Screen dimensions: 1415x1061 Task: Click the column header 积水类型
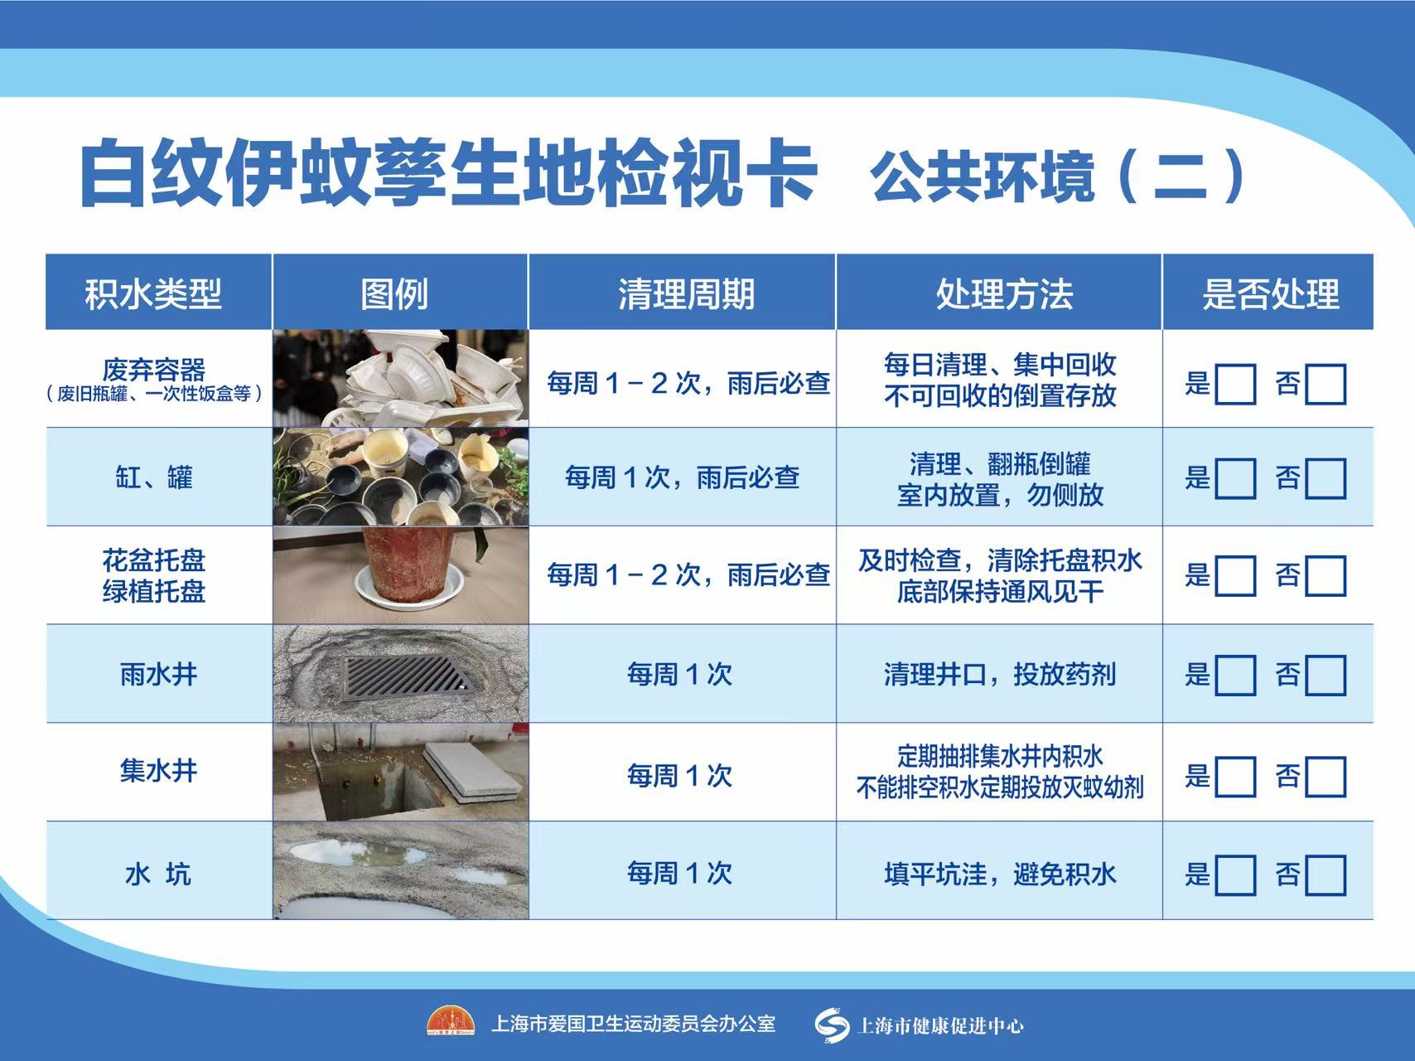153,294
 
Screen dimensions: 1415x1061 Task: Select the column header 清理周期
686,294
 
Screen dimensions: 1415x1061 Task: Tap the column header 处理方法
1004,294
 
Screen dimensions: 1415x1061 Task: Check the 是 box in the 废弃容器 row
1235,384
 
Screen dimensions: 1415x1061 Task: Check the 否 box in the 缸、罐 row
1326,478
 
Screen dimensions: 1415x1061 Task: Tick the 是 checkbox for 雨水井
1235,675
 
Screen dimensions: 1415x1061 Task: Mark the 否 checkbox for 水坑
1326,875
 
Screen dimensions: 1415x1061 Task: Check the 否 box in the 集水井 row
1326,777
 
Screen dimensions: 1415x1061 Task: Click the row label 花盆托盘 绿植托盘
154,575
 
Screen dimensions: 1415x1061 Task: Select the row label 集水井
158,771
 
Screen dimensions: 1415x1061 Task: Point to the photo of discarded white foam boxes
401,379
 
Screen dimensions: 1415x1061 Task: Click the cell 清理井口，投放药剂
999,675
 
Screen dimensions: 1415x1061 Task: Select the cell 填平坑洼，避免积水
999,874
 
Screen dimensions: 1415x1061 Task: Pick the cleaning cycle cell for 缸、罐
682,477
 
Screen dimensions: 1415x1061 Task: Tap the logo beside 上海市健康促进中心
832,1025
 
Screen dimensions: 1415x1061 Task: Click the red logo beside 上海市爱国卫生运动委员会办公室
451,1022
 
